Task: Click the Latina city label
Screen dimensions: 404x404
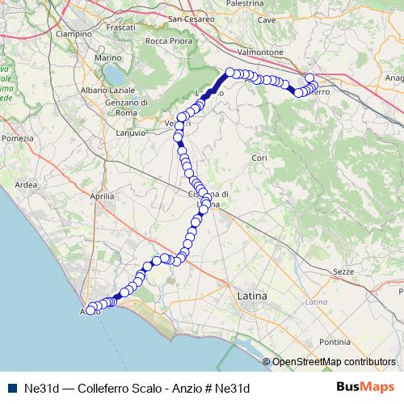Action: [251, 297]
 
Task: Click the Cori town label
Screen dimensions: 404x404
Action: [259, 157]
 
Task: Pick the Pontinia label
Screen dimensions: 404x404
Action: [334, 342]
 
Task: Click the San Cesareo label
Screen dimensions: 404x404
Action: [191, 18]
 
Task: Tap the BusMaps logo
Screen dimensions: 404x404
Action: [364, 387]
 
